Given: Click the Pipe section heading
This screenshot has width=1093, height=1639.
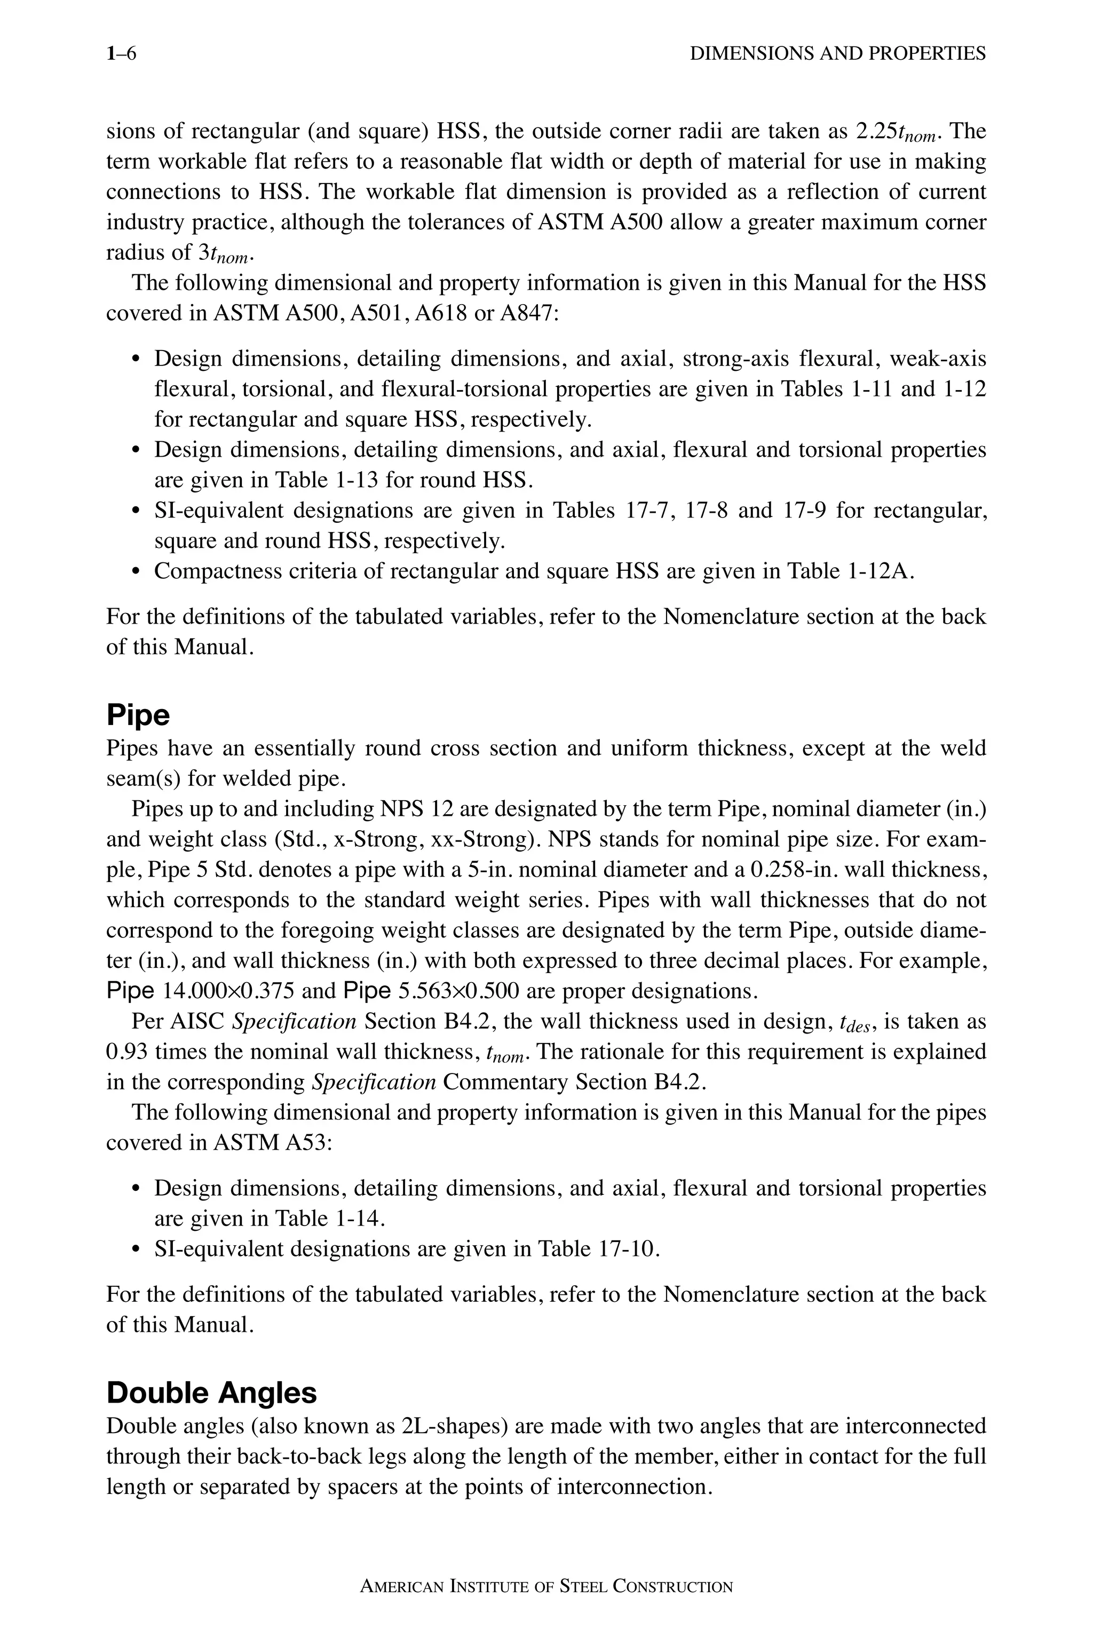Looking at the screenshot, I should (138, 715).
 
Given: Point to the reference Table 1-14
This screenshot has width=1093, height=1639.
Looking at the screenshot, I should (328, 1218).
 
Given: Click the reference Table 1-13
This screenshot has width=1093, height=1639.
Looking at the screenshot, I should (328, 480).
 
